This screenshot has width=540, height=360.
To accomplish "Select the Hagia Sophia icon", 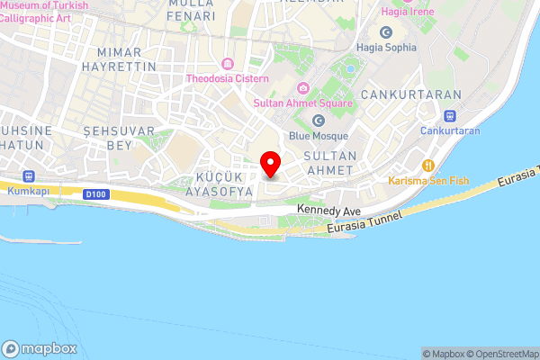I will click(386, 32).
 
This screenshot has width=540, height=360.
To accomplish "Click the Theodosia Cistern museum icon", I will click(226, 64).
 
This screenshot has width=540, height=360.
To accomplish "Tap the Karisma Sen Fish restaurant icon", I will click(428, 166).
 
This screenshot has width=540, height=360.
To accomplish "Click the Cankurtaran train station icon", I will click(450, 115).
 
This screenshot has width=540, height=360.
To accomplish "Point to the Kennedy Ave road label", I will click(328, 211).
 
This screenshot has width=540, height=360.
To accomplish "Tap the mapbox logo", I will click(39, 348).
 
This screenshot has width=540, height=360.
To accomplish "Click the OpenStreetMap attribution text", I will click(499, 354).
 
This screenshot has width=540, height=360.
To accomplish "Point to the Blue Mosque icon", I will click(317, 121).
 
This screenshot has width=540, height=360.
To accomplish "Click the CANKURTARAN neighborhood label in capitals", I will click(409, 94).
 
